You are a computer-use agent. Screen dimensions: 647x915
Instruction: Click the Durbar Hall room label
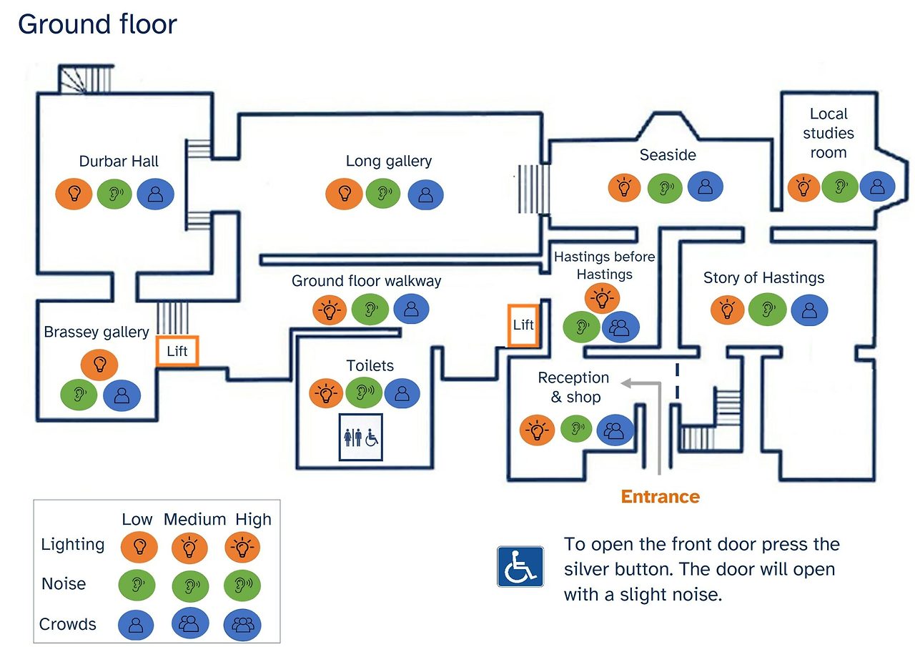pyautogui.click(x=119, y=162)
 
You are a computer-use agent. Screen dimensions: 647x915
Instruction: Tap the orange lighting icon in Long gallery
pyautogui.click(x=344, y=193)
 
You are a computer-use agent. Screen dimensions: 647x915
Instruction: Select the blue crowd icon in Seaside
pyautogui.click(x=705, y=187)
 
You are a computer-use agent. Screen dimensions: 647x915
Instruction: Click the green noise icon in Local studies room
pyautogui.click(x=839, y=187)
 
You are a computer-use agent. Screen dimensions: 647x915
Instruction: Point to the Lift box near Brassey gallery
pyautogui.click(x=177, y=351)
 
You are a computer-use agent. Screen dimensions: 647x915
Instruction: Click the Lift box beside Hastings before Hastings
pyautogui.click(x=523, y=325)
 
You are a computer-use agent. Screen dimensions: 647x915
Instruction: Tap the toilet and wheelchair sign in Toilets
pyautogui.click(x=361, y=437)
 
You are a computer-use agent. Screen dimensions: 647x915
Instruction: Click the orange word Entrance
pyautogui.click(x=660, y=496)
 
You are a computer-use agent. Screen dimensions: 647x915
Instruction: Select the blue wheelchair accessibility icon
pyautogui.click(x=520, y=566)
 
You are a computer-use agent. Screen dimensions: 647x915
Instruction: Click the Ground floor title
pyautogui.click(x=97, y=24)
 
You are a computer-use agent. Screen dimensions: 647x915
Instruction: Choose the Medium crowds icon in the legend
pyautogui.click(x=189, y=625)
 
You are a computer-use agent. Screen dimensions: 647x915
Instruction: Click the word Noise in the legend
pyautogui.click(x=64, y=584)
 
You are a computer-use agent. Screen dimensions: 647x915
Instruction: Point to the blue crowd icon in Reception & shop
pyautogui.click(x=615, y=430)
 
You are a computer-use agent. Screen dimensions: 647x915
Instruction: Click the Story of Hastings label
pyautogui.click(x=763, y=278)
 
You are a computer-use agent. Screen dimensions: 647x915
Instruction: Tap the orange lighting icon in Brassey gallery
pyautogui.click(x=99, y=364)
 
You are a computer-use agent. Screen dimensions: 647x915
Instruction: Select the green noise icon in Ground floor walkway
pyautogui.click(x=370, y=309)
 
